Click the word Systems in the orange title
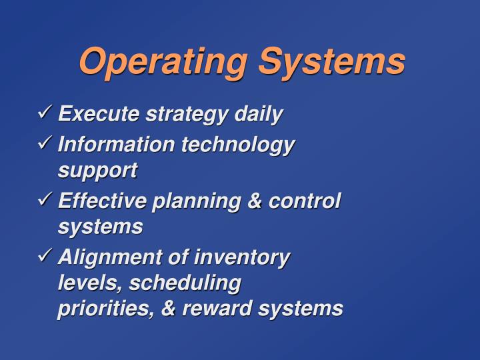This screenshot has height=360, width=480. point(331,62)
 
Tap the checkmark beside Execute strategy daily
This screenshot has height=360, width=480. point(46,113)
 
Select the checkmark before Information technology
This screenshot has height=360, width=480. point(46,143)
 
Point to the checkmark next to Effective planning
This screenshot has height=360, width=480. point(46,199)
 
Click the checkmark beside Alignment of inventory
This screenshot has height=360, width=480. point(46,256)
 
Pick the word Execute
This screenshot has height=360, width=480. point(98,114)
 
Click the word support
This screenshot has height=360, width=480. point(97,171)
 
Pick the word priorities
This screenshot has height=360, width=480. point(107,309)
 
